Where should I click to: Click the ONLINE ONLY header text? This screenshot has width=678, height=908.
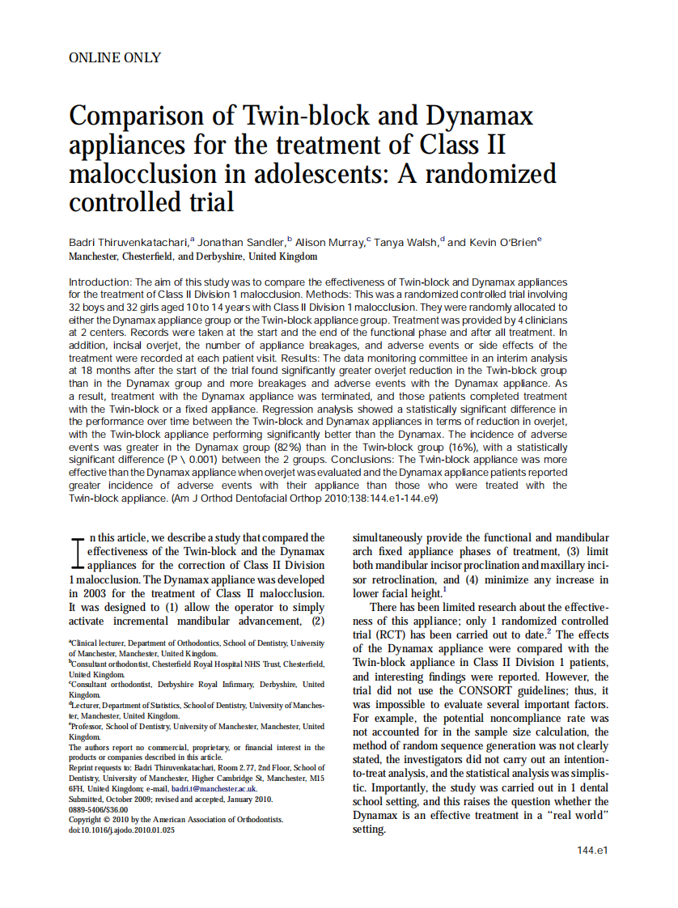pyautogui.click(x=115, y=57)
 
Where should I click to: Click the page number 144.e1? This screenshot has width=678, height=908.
pyautogui.click(x=592, y=851)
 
